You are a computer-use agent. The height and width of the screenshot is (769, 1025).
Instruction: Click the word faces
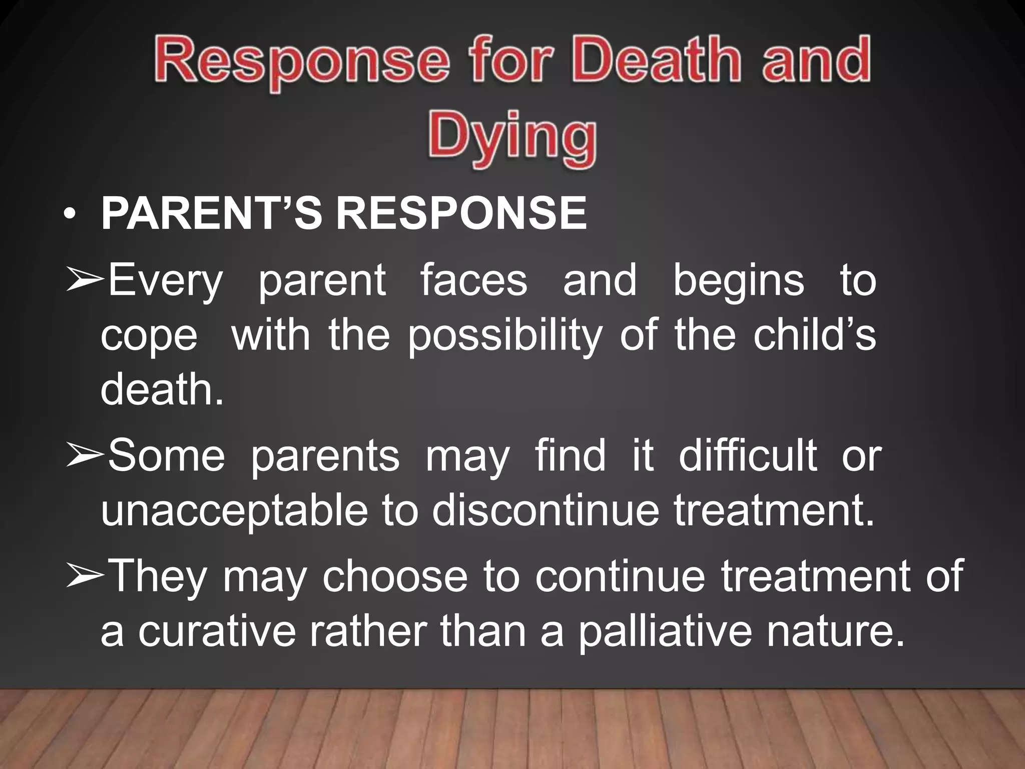tap(473, 280)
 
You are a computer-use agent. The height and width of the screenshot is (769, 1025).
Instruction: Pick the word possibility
tap(505, 336)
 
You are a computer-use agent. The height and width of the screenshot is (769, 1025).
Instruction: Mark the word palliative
tap(665, 632)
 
